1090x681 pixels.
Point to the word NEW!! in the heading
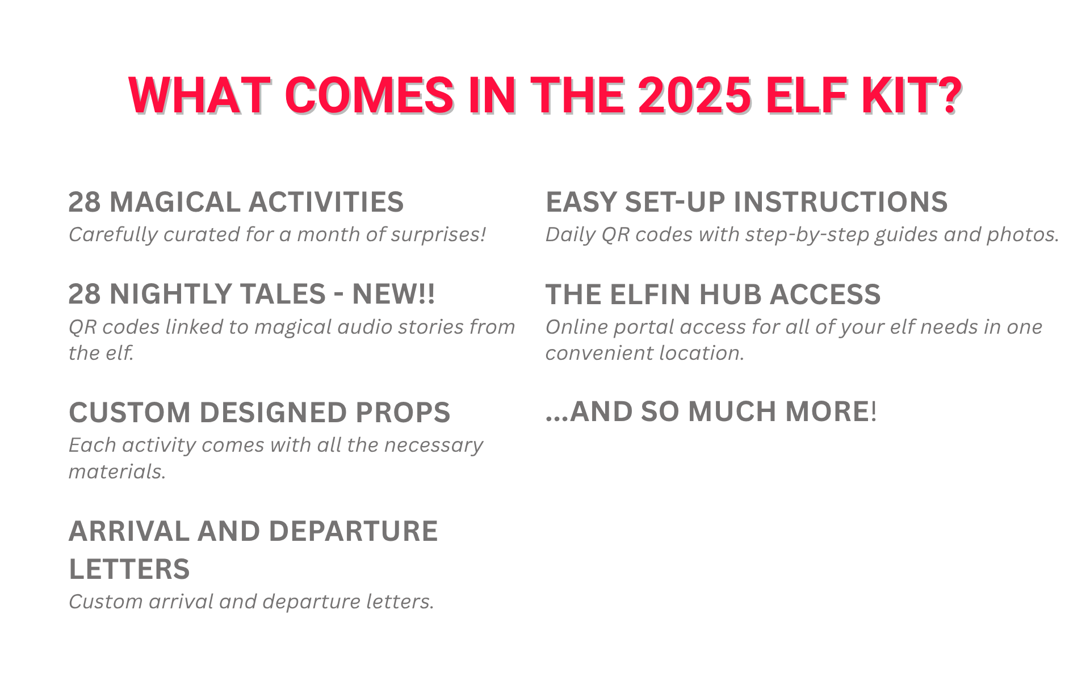393,294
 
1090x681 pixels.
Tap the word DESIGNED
273,413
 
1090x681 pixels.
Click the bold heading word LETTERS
129,569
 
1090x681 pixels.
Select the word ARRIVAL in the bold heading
129,531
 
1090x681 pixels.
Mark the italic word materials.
117,472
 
